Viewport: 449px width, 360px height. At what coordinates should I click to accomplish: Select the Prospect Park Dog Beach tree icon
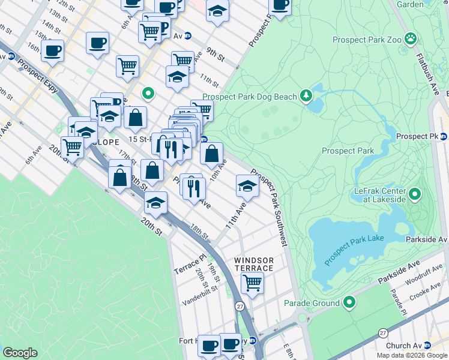pyautogui.click(x=306, y=95)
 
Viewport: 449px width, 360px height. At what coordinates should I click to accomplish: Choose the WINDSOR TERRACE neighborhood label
pyautogui.click(x=254, y=264)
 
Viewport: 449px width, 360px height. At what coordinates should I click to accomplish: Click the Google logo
pyautogui.click(x=20, y=353)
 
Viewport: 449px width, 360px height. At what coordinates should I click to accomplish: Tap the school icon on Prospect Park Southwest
pyautogui.click(x=247, y=185)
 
